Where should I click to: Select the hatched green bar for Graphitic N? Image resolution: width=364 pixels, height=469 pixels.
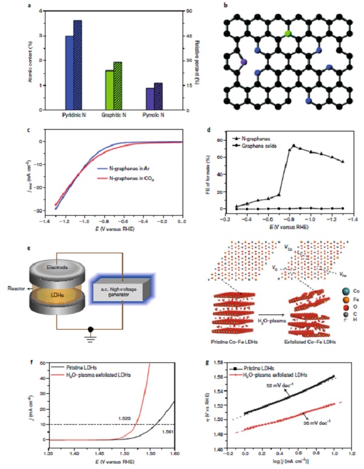(118, 85)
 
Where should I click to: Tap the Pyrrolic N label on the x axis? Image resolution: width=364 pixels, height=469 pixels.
(153, 115)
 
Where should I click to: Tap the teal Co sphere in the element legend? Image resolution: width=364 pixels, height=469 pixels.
(329, 275)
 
